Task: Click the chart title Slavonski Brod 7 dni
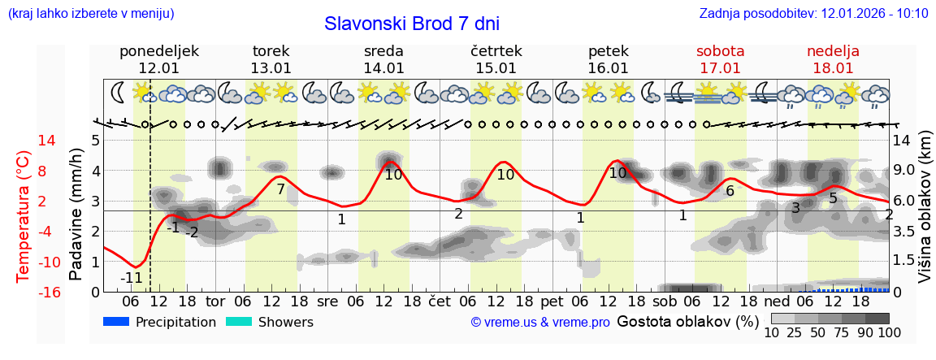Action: pos(412,24)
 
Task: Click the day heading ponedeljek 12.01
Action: pos(158,59)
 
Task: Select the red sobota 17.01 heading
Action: pos(720,59)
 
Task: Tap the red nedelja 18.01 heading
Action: pos(833,59)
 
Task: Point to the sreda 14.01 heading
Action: pos(383,59)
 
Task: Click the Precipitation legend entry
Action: pos(160,322)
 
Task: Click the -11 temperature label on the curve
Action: pos(132,278)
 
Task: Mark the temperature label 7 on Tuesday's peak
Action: pos(280,189)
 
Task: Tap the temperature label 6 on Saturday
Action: pos(730,191)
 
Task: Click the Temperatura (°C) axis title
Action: pos(24,215)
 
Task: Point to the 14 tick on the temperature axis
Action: pos(24,141)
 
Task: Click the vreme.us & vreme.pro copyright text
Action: pos(540,323)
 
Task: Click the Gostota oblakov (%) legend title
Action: pos(687,321)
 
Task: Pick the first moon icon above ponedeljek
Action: pos(119,91)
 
